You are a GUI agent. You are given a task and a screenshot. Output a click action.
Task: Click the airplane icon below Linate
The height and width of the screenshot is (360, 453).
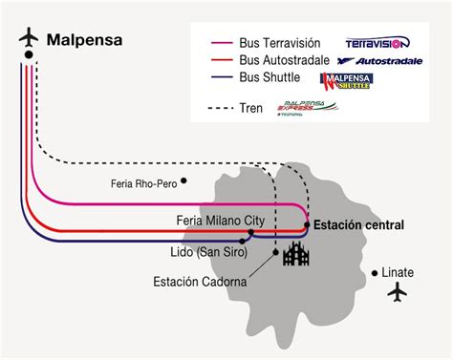click(x=397, y=292)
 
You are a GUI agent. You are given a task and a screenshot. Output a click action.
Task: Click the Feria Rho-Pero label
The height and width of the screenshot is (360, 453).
click(x=143, y=182)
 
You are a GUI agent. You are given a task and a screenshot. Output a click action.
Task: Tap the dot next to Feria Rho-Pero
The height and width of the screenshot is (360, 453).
click(x=184, y=180)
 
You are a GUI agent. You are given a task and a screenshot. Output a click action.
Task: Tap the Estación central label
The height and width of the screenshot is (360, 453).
click(x=358, y=225)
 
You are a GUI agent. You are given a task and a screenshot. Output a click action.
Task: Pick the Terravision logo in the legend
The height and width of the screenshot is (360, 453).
click(x=376, y=43)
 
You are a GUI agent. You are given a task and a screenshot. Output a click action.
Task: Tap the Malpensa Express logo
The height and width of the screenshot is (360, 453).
click(x=306, y=109)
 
